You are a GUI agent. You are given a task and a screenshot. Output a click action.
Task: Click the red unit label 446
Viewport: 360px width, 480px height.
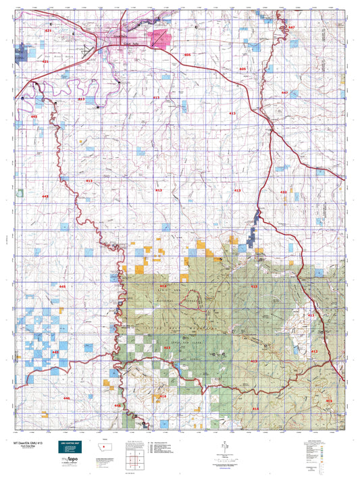(x=66, y=398)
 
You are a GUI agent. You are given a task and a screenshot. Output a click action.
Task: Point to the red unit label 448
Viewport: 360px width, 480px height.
(x=56, y=352)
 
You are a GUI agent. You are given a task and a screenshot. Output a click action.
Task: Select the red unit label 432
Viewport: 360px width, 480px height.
(x=284, y=192)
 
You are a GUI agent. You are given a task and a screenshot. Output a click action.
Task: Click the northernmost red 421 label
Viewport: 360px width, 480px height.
(x=48, y=32)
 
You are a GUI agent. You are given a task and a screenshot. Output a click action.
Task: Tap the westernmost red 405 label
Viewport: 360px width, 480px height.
(x=187, y=54)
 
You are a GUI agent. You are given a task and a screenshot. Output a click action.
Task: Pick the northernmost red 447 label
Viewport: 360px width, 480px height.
(x=291, y=27)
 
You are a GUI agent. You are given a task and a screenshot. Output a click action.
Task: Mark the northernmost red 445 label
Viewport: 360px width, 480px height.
(x=34, y=117)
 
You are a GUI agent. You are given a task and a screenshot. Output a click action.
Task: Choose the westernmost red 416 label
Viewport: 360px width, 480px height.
(x=162, y=396)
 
